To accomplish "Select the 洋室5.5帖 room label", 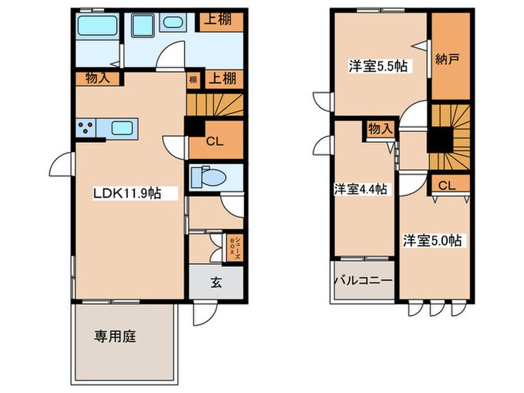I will [378, 66].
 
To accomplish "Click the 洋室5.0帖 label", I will [433, 240].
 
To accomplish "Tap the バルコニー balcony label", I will [363, 282].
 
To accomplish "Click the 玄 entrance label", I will [215, 283].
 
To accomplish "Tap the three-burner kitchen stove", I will [87, 128].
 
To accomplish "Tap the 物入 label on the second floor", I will [380, 129].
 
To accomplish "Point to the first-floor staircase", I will [216, 105].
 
